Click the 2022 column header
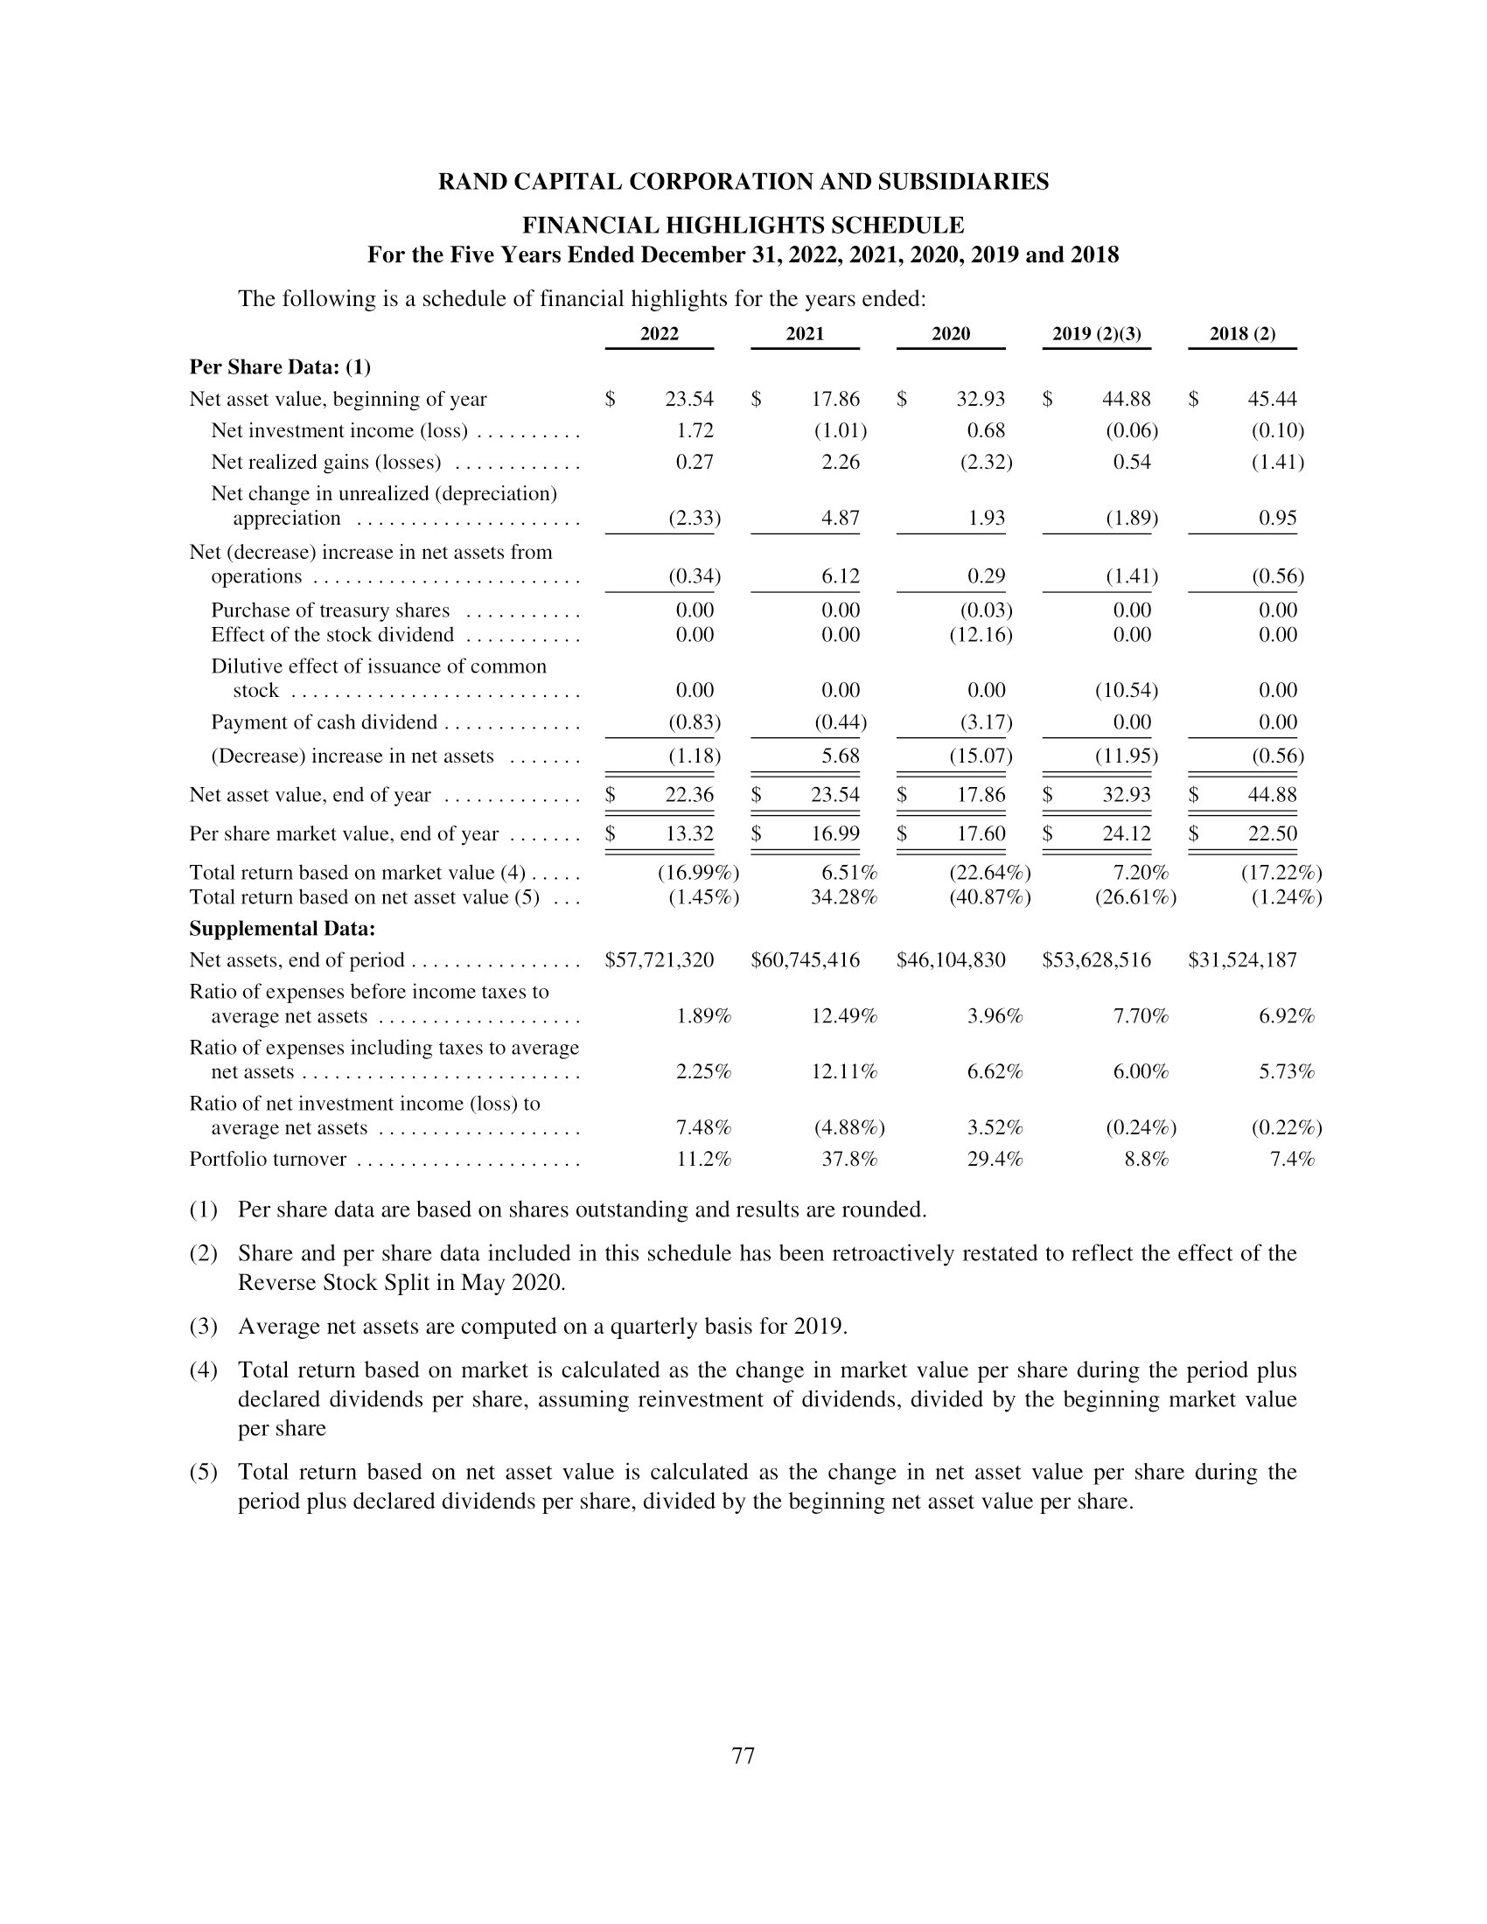click(659, 334)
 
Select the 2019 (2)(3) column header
click(1096, 334)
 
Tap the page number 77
click(743, 1756)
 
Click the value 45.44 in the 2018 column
click(1271, 399)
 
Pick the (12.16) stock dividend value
click(981, 634)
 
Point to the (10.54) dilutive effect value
click(1126, 690)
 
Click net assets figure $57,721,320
click(659, 959)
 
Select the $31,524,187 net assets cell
click(1242, 959)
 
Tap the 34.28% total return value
click(843, 896)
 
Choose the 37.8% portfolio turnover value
click(849, 1159)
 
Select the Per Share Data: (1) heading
click(280, 366)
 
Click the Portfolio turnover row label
click(268, 1159)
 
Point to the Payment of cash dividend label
click(324, 722)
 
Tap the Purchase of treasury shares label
click(330, 610)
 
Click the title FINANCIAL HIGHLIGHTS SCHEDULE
click(743, 225)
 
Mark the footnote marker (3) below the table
click(203, 1326)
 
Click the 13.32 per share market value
click(688, 833)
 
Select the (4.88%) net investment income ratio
click(848, 1127)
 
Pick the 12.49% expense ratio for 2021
click(843, 1015)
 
